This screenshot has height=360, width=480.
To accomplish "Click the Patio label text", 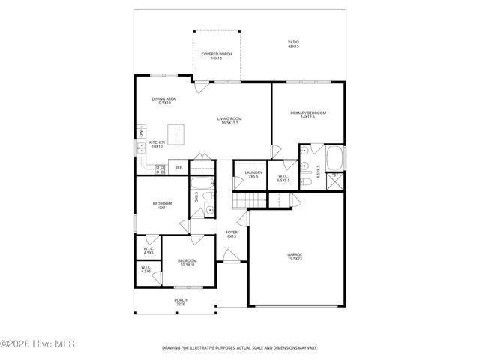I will pyautogui.click(x=293, y=44).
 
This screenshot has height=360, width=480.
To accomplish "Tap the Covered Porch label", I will pyautogui.click(x=216, y=55).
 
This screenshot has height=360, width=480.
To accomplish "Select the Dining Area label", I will pyautogui.click(x=163, y=100).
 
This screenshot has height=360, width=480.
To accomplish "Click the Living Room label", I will pyautogui.click(x=229, y=120).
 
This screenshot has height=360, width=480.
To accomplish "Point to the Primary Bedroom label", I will pyautogui.click(x=307, y=115).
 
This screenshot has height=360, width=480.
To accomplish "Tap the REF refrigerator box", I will pyautogui.click(x=178, y=168).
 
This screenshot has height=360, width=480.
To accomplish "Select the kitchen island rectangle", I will pyautogui.click(x=175, y=136).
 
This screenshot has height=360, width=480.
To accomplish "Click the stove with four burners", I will pyautogui.click(x=160, y=169).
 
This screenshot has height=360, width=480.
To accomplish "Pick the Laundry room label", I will pyautogui.click(x=253, y=175).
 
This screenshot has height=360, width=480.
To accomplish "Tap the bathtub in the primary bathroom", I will pyautogui.click(x=334, y=158).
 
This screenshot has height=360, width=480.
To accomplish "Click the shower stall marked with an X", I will pyautogui.click(x=335, y=181).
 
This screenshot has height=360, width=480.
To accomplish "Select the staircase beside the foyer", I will pyautogui.click(x=250, y=199).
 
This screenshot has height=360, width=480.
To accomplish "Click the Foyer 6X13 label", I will pyautogui.click(x=232, y=234).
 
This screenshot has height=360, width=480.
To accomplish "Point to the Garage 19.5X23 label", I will pyautogui.click(x=295, y=256).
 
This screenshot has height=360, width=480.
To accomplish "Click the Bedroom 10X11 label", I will pyautogui.click(x=162, y=205).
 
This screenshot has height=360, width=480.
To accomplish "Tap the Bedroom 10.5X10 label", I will pyautogui.click(x=186, y=262).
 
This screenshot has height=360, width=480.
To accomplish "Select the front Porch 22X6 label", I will pyautogui.click(x=181, y=302).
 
